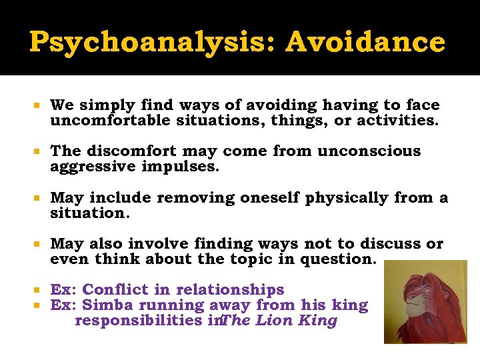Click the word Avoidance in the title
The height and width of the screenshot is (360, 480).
(x=365, y=42)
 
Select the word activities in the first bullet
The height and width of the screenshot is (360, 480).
(x=395, y=121)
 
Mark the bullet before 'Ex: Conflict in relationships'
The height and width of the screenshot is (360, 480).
(x=38, y=291)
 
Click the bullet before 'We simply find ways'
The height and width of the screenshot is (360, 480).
(x=38, y=106)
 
